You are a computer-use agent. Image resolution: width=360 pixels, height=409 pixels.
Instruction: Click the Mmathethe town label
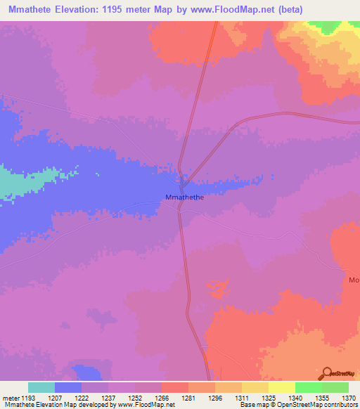coord(184,198)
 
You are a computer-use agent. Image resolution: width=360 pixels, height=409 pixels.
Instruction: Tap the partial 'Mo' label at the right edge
coord(353,280)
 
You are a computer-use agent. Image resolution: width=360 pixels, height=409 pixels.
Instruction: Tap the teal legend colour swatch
coord(41,387)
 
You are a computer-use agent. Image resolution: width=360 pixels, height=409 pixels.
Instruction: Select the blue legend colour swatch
coord(68,387)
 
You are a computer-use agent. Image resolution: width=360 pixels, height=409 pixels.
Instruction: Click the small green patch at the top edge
coord(325,25)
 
